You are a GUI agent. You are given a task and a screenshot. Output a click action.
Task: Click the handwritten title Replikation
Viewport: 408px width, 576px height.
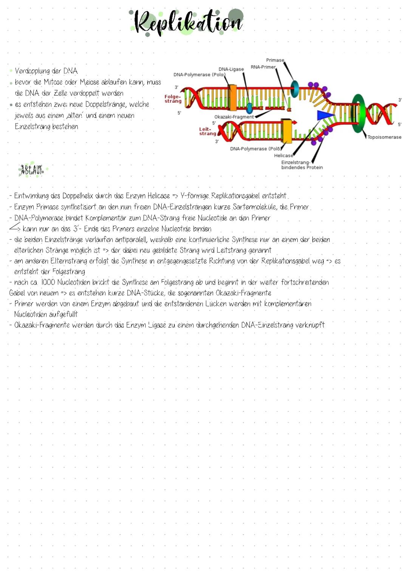[x=188, y=23]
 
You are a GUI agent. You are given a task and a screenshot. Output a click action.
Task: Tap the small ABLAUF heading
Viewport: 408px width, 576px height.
[x=32, y=170]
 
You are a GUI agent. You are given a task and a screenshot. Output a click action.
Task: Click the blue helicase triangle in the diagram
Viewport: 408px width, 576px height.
[x=325, y=115]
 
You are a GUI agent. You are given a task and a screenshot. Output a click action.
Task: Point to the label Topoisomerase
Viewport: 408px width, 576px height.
[x=384, y=137]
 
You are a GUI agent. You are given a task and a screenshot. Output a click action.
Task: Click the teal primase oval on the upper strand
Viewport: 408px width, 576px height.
[x=294, y=89]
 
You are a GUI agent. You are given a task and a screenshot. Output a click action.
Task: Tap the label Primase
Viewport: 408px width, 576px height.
[x=275, y=60]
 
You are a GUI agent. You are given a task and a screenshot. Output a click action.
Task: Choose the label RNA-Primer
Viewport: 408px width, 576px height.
[x=263, y=67]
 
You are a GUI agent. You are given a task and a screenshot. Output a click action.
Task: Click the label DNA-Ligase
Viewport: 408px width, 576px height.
[x=231, y=69]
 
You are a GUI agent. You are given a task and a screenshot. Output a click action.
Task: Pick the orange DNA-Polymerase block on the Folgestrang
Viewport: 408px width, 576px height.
[x=233, y=98]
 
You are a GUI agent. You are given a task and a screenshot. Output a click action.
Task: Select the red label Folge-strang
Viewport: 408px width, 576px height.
[x=173, y=99]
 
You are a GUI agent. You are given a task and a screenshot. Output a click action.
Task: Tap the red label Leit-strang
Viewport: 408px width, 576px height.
[x=207, y=131]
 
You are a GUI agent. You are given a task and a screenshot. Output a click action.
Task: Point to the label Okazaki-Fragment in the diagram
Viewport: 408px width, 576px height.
[x=234, y=117]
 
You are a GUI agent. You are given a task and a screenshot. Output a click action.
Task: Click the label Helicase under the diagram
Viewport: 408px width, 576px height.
[x=283, y=156]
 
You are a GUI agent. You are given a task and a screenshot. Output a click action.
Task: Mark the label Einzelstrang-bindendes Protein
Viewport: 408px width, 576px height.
[x=302, y=165]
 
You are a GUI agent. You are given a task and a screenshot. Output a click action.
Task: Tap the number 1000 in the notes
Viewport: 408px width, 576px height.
[x=48, y=282]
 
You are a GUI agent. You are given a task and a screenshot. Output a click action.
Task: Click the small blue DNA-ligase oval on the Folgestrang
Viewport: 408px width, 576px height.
[x=249, y=108]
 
